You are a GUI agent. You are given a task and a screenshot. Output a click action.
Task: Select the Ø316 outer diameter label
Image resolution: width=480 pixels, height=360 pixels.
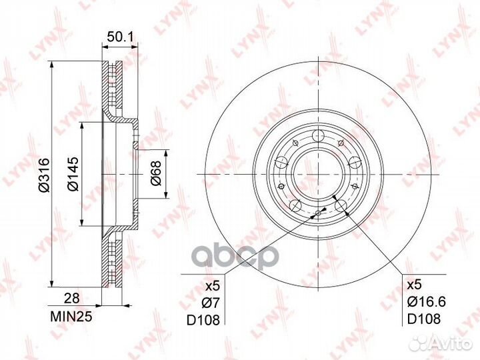click(44, 175)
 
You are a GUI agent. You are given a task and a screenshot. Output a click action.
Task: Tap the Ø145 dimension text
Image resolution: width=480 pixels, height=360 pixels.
click(73, 174)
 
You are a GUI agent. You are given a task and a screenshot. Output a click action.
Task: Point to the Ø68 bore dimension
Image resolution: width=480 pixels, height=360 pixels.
click(155, 173)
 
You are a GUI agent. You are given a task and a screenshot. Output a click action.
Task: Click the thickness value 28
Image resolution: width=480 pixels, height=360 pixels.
click(71, 298)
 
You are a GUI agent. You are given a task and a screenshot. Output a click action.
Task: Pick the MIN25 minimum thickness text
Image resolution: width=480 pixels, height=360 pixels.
click(71, 317)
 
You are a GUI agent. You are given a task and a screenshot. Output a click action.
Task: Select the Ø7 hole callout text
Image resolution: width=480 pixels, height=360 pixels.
click(211, 303)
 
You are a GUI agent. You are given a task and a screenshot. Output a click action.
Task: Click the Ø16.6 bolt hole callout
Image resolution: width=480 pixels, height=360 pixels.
click(426, 302)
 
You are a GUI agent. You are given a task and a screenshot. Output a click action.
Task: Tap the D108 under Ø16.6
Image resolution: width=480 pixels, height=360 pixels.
click(424, 319)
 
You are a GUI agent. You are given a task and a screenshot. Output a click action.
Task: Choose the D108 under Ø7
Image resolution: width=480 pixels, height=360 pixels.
click(203, 320)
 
